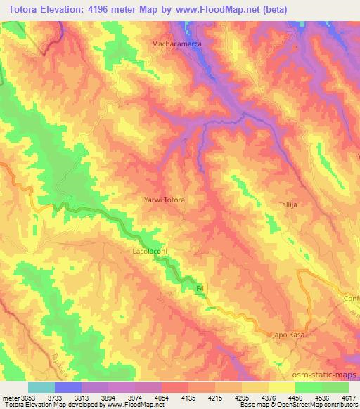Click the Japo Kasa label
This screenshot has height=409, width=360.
289,336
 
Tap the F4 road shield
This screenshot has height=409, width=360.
200,290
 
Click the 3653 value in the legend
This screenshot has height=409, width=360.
28,397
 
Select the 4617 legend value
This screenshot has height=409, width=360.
349,397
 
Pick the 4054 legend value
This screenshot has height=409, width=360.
162,397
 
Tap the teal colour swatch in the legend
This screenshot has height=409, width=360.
41,387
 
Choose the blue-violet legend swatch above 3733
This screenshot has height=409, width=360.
68,387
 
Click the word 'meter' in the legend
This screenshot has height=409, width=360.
11,397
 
